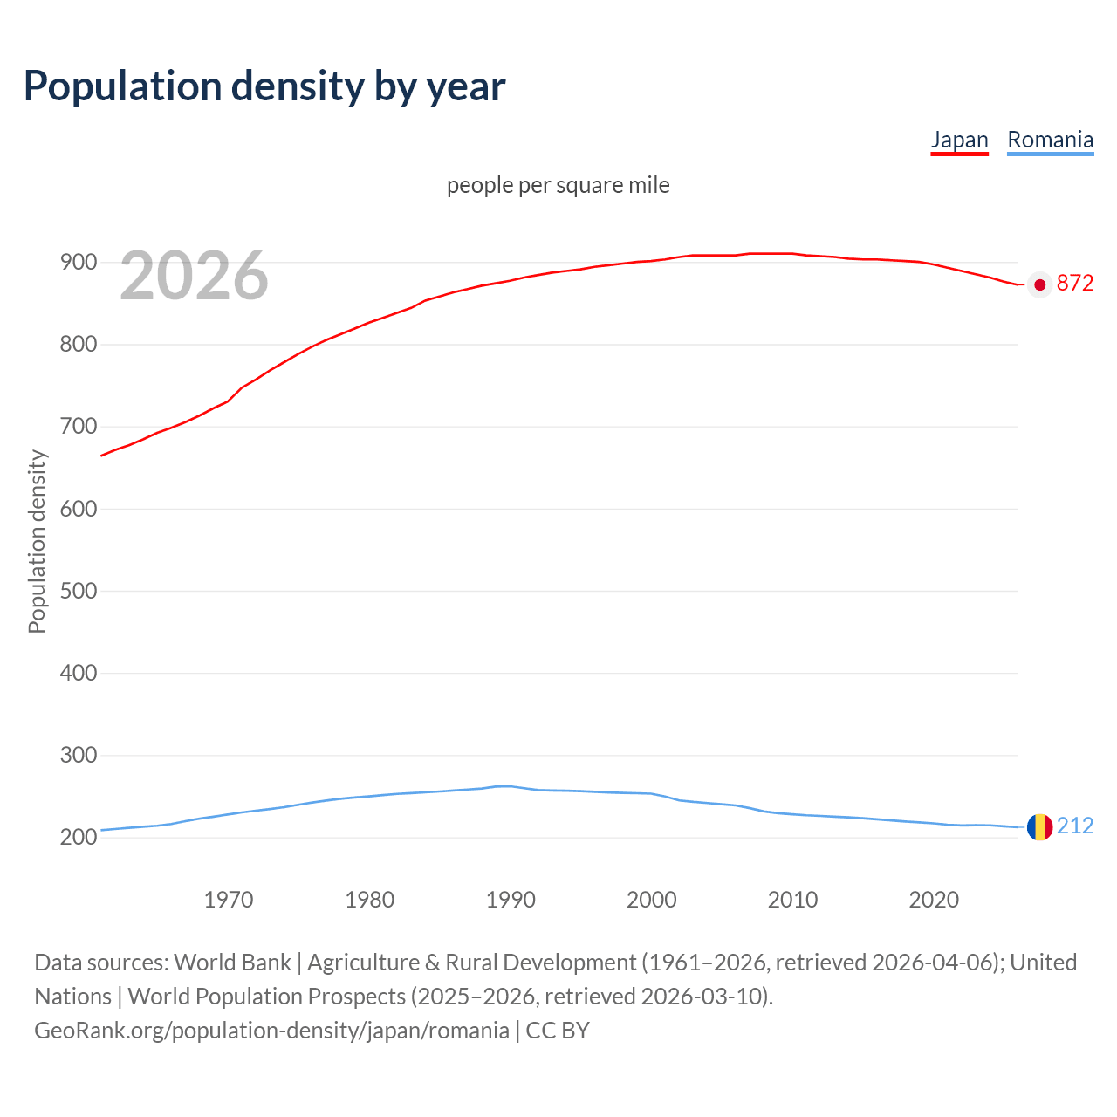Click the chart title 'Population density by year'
tap(264, 86)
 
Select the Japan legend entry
tap(959, 140)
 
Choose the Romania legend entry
tap(1050, 140)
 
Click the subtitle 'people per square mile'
tap(558, 186)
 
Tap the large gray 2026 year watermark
tap(194, 276)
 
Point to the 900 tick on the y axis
tap(78, 262)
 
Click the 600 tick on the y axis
tap(78, 509)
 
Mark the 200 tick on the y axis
tap(78, 838)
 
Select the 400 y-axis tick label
tap(78, 673)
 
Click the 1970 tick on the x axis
tap(229, 900)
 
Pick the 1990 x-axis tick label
tap(511, 900)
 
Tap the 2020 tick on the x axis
tap(934, 900)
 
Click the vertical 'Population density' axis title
tap(37, 541)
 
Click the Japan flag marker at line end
tap(1039, 284)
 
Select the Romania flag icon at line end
tap(1039, 826)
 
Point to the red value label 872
tap(1075, 284)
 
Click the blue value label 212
tap(1075, 826)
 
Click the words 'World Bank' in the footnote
tap(232, 963)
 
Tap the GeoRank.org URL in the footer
tap(271, 1031)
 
